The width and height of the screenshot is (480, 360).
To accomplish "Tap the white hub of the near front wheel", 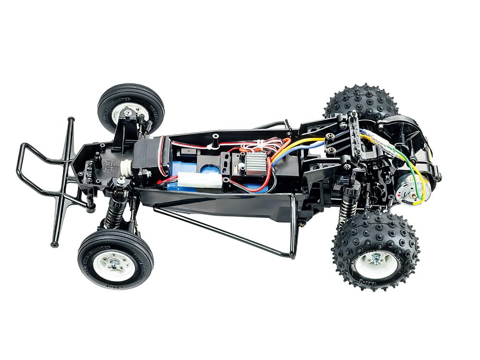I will (x=114, y=264).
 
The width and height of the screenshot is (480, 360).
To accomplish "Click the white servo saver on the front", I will (x=126, y=168).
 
